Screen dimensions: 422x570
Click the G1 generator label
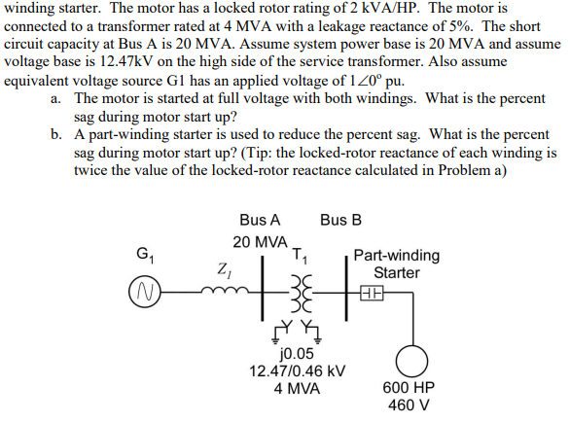click(x=144, y=257)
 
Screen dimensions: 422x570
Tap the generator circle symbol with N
click(x=143, y=291)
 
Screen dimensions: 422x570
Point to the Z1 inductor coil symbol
click(x=227, y=289)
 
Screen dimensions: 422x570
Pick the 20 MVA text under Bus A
click(x=260, y=241)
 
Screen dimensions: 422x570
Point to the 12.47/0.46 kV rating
click(x=297, y=370)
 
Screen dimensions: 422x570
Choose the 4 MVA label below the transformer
click(x=297, y=387)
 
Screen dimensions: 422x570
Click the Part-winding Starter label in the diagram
click(x=396, y=264)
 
